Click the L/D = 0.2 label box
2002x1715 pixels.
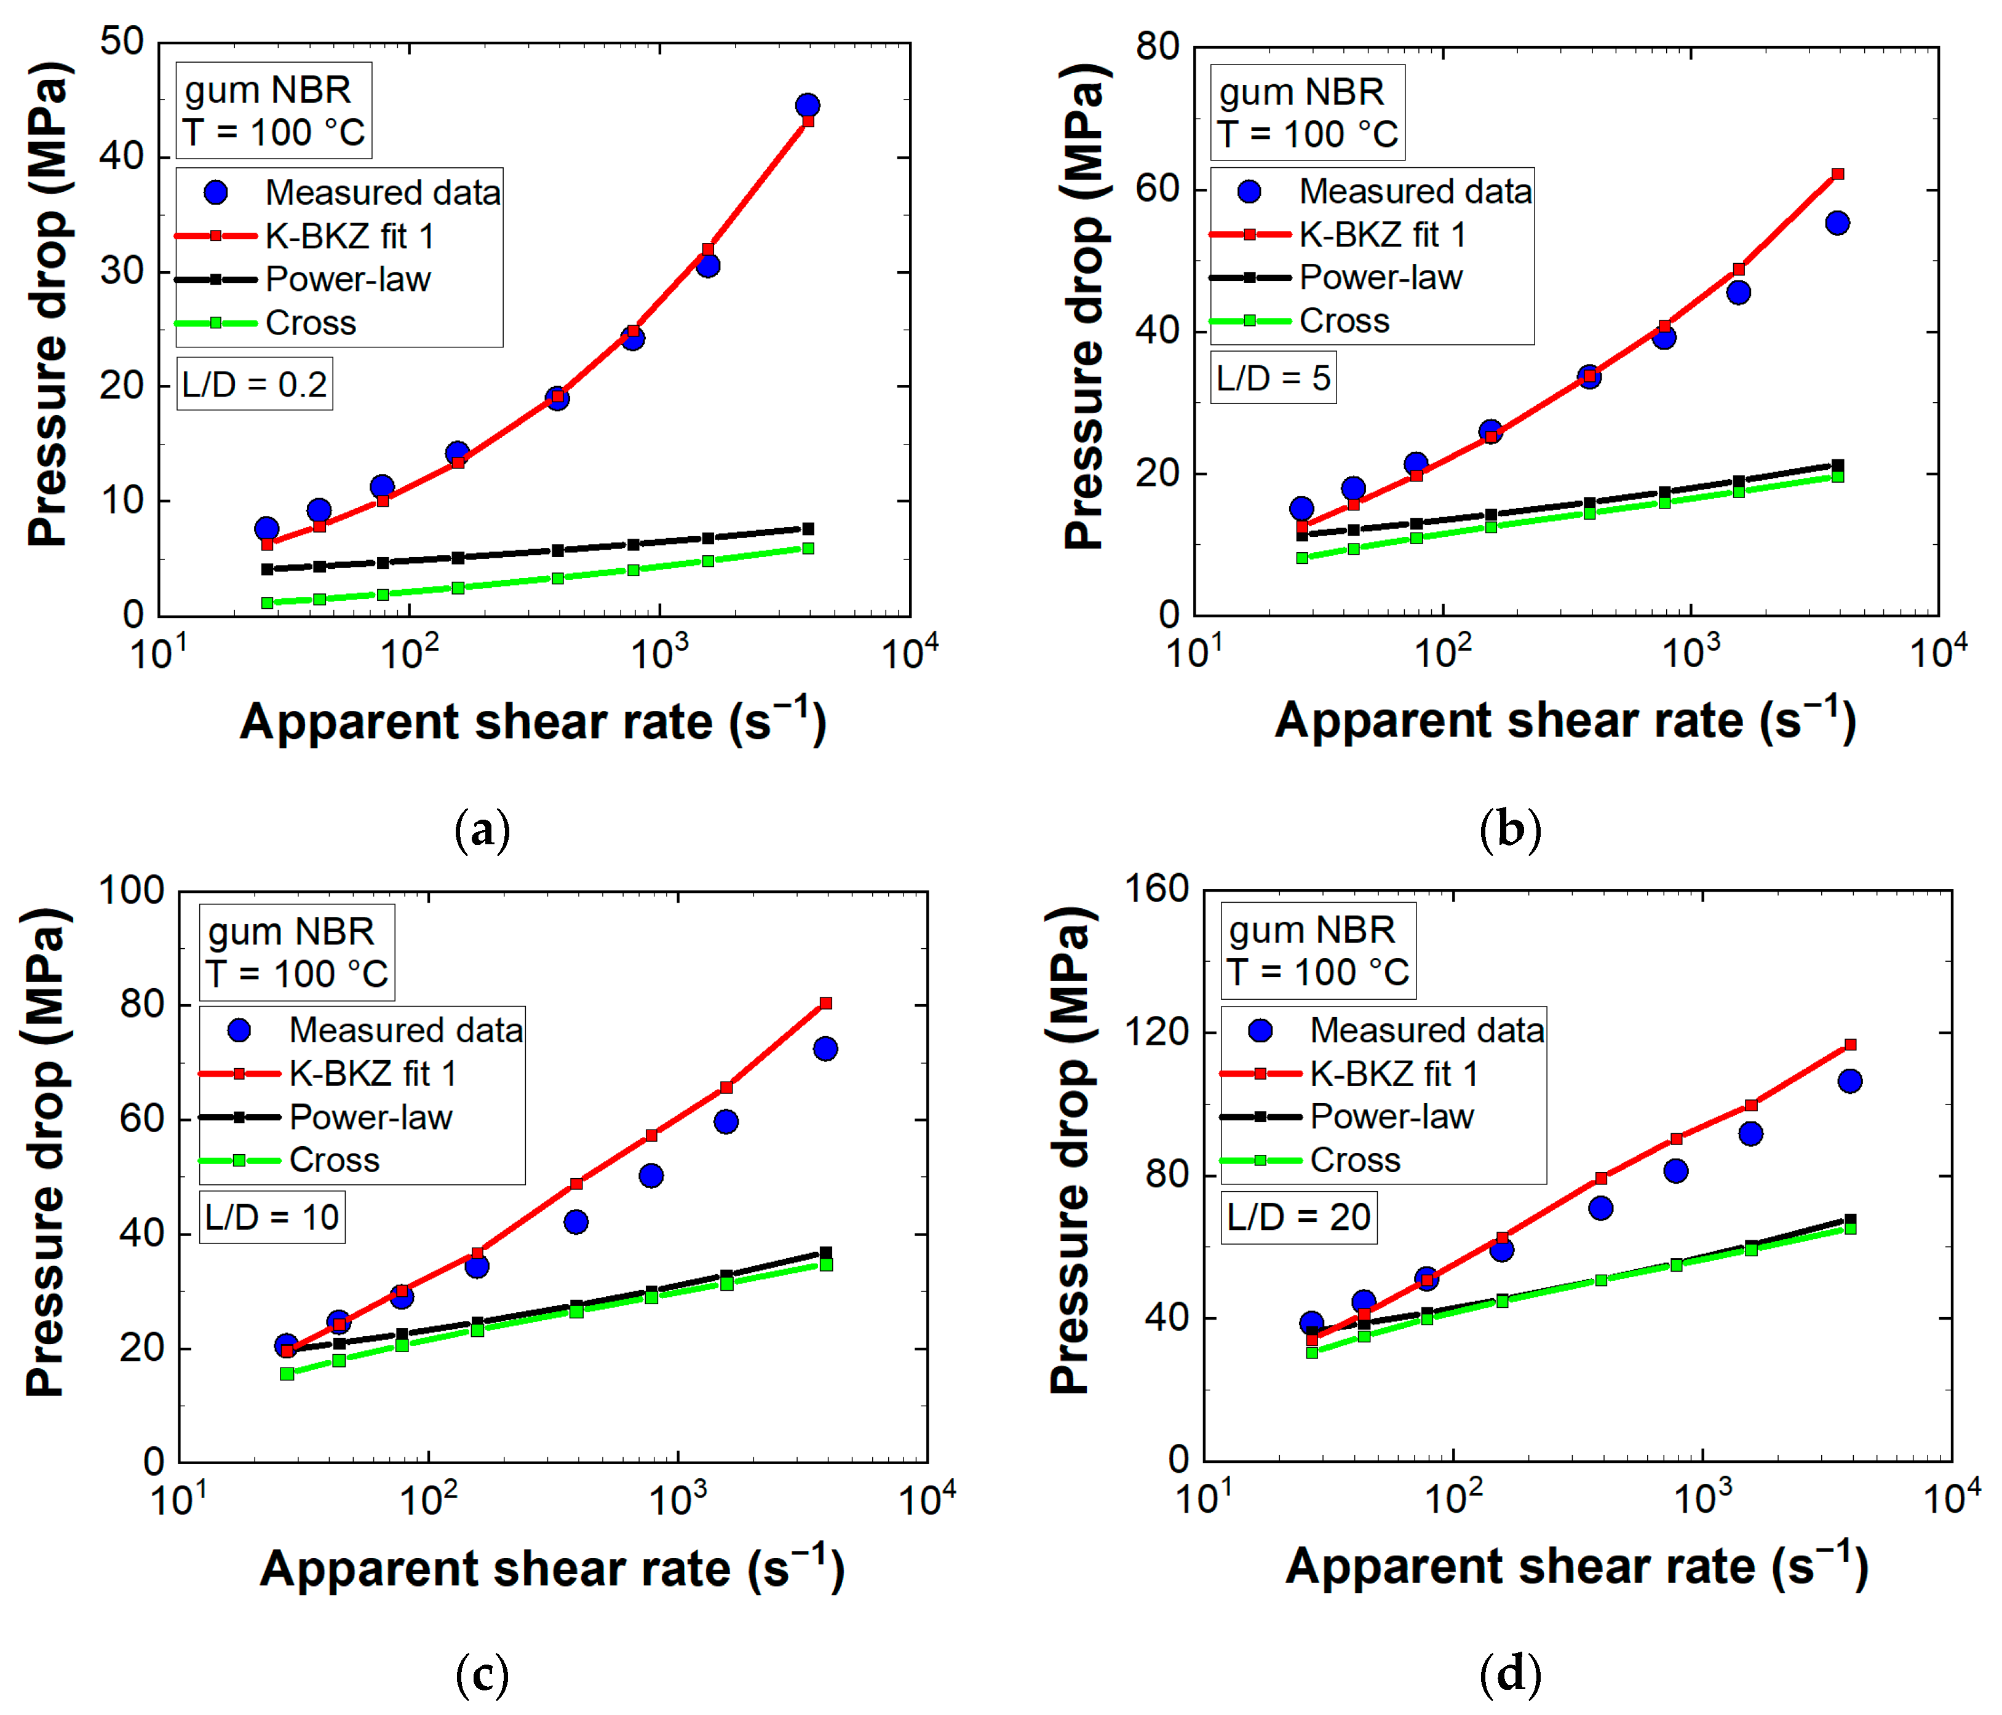pyautogui.click(x=254, y=384)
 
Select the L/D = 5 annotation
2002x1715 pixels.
pyautogui.click(x=1274, y=378)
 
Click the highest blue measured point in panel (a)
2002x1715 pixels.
pyautogui.click(x=808, y=105)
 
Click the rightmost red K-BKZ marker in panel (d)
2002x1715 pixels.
pyautogui.click(x=1850, y=1045)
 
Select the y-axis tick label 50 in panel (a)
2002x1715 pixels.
pyautogui.click(x=122, y=42)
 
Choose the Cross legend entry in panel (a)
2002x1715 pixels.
pyautogui.click(x=266, y=323)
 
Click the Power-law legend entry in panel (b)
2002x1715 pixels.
pyautogui.click(x=1337, y=277)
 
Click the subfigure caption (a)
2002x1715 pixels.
pyautogui.click(x=482, y=830)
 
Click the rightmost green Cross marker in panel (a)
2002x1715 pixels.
pyautogui.click(x=808, y=549)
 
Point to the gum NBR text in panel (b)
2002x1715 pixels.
pyautogui.click(x=1301, y=93)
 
